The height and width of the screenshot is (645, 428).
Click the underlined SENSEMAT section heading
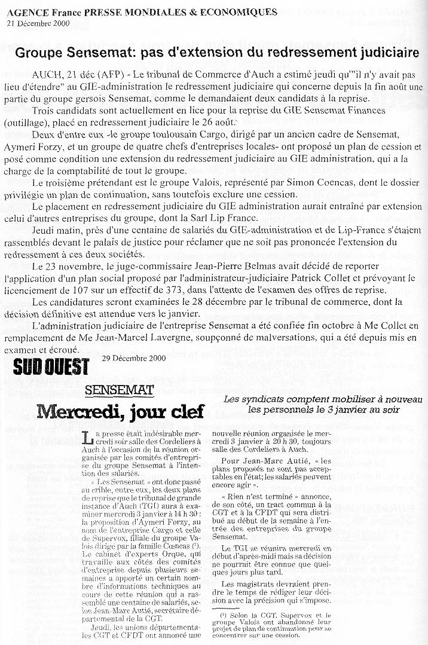tap(120, 391)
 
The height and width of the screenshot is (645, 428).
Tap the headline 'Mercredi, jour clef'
tap(120, 411)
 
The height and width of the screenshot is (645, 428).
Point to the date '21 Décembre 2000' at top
tap(38, 23)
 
